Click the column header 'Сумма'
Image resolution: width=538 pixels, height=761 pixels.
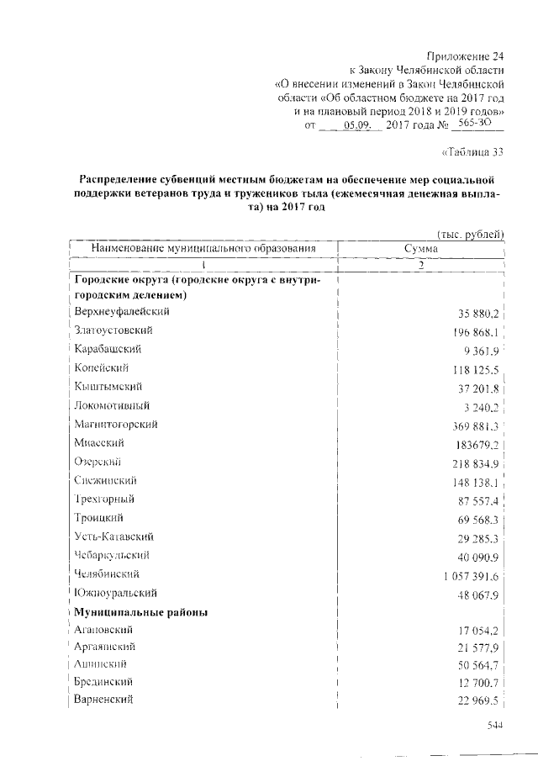pyautogui.click(x=420, y=249)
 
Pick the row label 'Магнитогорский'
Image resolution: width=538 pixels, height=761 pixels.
pyautogui.click(x=115, y=424)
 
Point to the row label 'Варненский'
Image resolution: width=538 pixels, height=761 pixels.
pyautogui.click(x=103, y=700)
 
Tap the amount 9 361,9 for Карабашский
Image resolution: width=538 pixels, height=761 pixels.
pyautogui.click(x=478, y=350)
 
